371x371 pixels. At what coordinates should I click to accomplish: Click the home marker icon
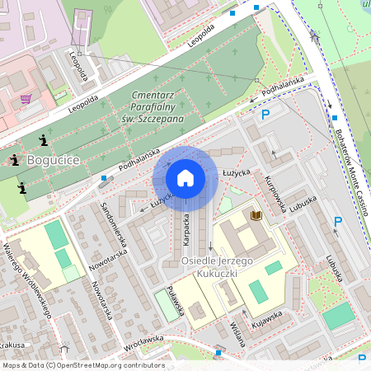(x=185, y=178)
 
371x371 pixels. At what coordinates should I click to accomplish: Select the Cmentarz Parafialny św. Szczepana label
(x=157, y=107)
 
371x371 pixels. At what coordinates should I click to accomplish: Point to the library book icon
(x=256, y=215)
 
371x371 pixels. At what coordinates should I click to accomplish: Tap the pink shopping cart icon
(x=26, y=99)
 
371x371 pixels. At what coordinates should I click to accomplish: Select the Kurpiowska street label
(x=275, y=195)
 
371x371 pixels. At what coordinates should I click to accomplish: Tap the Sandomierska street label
(x=112, y=224)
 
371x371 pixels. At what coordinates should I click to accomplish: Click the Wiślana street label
(x=237, y=335)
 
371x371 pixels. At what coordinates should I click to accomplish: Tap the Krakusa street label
(x=12, y=345)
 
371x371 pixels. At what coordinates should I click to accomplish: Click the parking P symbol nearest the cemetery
(x=265, y=115)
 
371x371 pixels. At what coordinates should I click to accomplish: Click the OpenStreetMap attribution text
(x=82, y=365)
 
